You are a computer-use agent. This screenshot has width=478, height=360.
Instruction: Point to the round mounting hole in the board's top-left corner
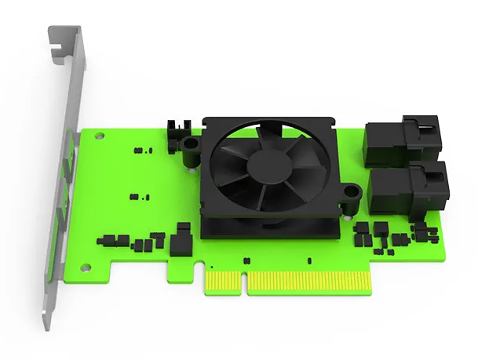click(x=99, y=136)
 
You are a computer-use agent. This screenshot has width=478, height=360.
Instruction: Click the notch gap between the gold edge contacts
click(x=245, y=281)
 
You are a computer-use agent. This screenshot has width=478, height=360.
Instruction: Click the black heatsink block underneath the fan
click(x=267, y=227)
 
